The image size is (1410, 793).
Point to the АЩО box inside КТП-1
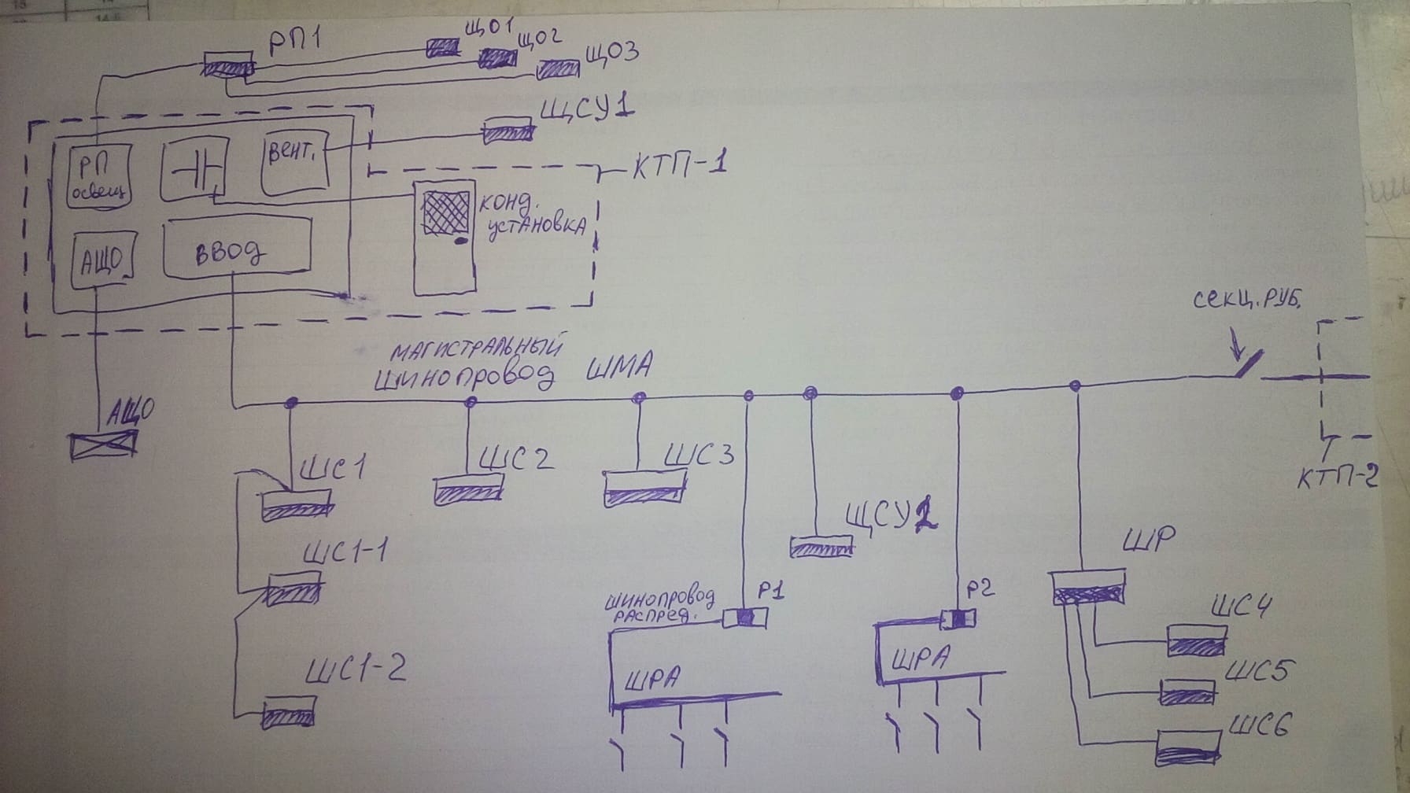tap(102, 256)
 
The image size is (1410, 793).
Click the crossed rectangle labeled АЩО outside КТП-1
tap(102, 445)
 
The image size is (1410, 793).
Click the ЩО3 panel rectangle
tap(558, 70)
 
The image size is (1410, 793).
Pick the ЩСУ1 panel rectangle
tap(508, 130)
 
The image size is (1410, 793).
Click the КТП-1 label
tap(678, 168)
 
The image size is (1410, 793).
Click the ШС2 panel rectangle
tap(468, 489)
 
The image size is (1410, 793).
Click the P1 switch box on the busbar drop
tap(745, 618)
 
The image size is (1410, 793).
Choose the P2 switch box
tap(958, 619)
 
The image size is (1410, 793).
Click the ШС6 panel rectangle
tap(1189, 747)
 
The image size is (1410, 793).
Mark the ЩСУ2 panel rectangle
tap(821, 546)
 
